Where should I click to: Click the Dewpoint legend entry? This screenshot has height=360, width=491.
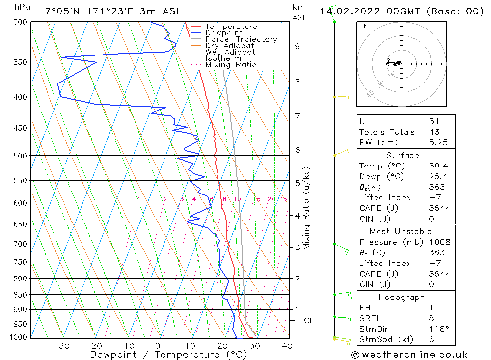point(223,33)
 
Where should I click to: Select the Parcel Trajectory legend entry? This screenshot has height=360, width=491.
point(241,39)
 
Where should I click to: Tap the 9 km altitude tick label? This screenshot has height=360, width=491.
point(297,46)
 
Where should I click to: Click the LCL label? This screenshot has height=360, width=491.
point(306,321)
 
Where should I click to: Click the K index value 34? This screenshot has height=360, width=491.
point(434,121)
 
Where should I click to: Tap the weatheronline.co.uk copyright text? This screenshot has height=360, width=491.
point(409,355)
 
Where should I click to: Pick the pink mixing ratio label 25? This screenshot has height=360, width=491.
point(283,199)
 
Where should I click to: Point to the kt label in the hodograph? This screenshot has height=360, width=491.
point(363,26)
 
